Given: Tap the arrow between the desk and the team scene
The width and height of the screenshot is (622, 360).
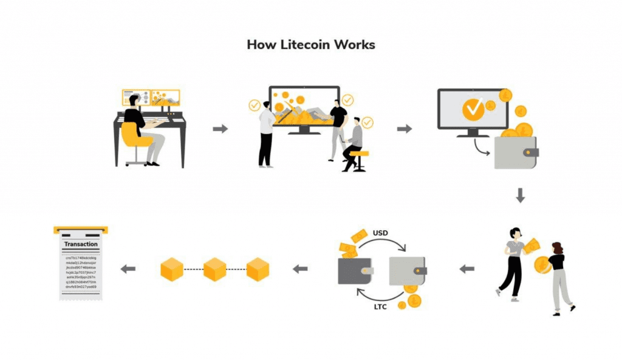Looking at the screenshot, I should tap(220, 129).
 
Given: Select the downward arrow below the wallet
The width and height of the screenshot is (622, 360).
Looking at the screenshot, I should tap(520, 195).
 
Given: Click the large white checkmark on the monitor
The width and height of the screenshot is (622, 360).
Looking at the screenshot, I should tap(473, 109).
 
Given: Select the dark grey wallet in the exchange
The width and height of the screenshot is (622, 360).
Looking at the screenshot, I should tap(354, 271).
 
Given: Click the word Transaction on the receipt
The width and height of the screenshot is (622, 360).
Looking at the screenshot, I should tap(81, 244).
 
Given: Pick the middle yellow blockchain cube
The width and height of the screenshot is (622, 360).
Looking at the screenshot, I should tap(215, 268).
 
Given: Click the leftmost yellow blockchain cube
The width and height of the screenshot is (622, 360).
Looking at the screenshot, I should tap(172, 268).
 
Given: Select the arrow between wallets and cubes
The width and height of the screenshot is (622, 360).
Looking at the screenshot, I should tap(301, 268).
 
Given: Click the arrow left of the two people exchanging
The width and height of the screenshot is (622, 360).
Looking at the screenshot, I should tap(466, 268).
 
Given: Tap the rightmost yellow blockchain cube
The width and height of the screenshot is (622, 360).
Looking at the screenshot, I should tap(258, 268).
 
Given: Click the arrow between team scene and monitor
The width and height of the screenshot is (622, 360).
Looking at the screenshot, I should tap(404, 129).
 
